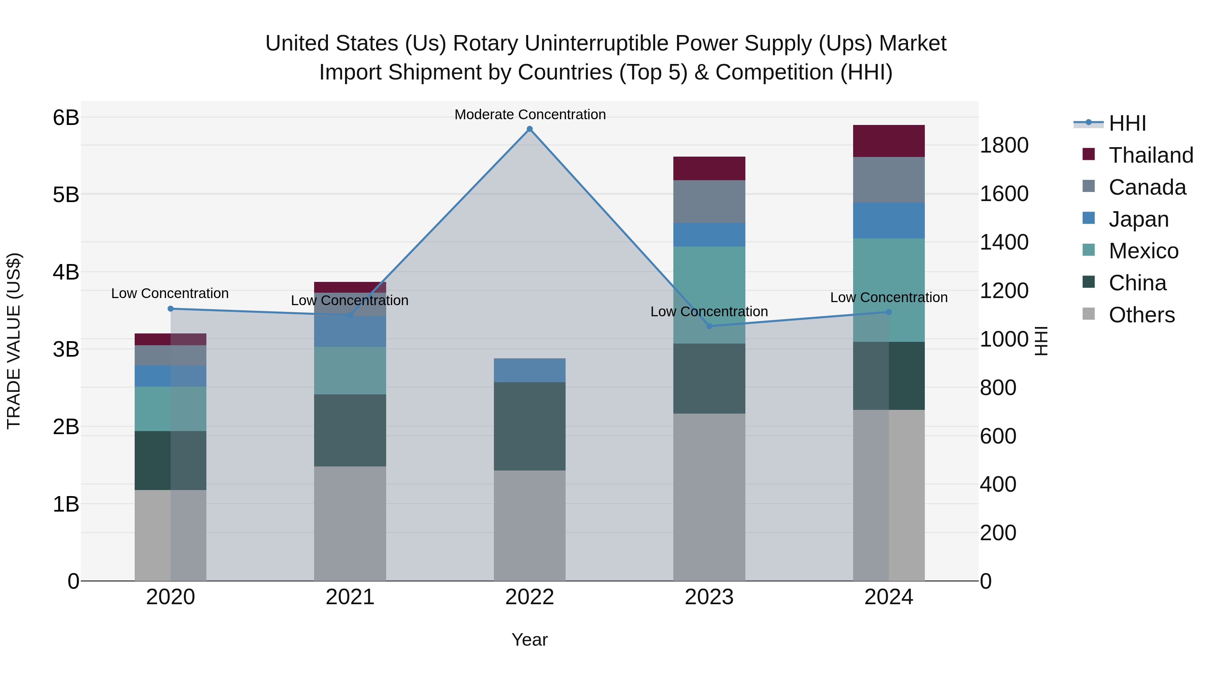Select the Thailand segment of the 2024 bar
pos(888,141)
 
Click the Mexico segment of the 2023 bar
pos(709,295)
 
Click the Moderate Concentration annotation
pos(530,115)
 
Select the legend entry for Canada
pos(1147,187)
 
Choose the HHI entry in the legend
pos(1127,123)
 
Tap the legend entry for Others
pos(1141,315)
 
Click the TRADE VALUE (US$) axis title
pos(14,341)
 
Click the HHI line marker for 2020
pos(171,309)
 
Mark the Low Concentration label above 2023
pos(709,312)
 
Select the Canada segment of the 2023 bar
pos(709,201)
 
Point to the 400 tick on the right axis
pos(998,484)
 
